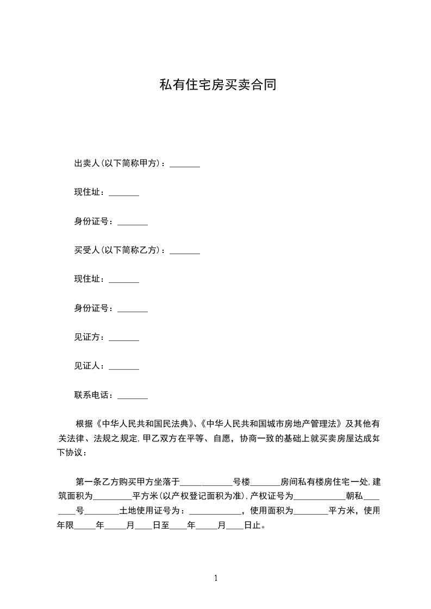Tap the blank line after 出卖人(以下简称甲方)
coord(185,164)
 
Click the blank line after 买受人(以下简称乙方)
coord(185,251)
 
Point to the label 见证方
coord(89,337)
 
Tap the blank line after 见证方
coord(124,339)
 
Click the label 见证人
coord(89,366)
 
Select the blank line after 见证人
coord(124,367)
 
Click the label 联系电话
coord(93,395)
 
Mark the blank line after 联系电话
coord(133,396)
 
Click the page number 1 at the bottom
coord(216,578)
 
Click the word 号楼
coord(241,481)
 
